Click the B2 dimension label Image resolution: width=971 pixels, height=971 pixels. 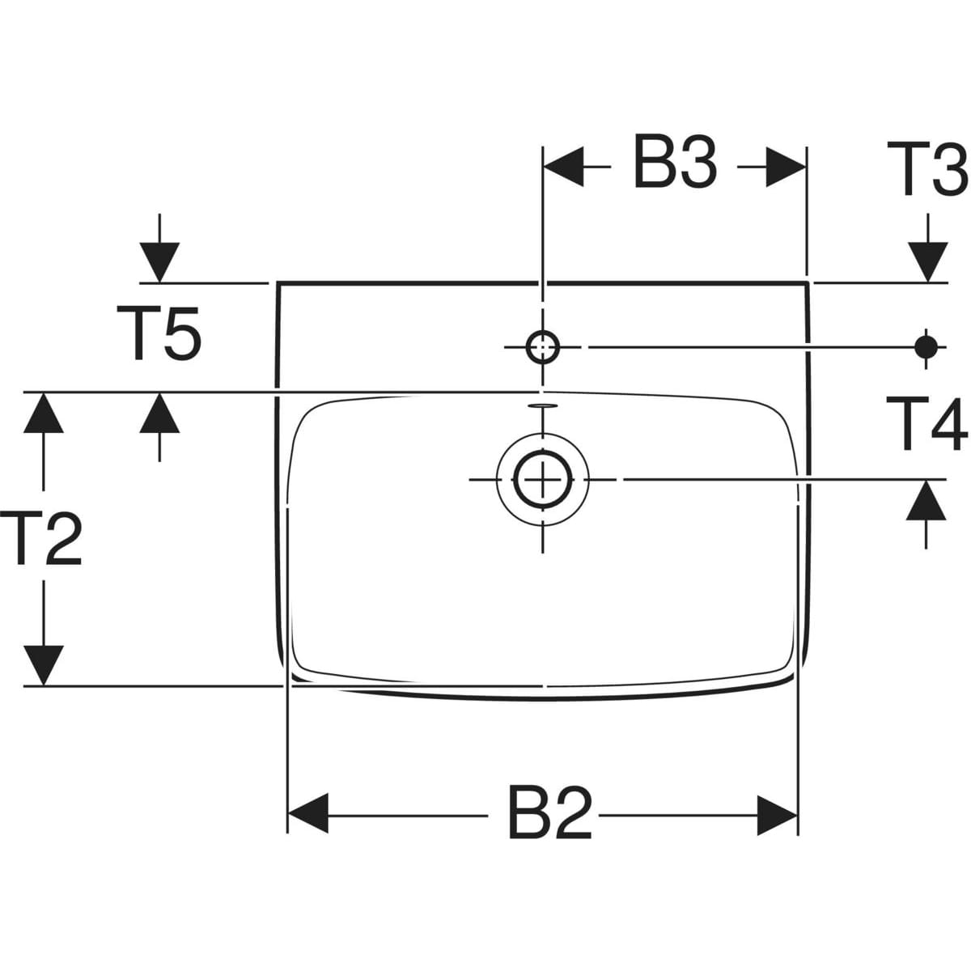click(x=550, y=814)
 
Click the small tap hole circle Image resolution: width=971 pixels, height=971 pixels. click(x=542, y=347)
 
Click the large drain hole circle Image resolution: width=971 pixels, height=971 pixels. click(x=542, y=479)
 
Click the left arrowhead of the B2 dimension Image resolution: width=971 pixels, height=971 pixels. click(x=308, y=814)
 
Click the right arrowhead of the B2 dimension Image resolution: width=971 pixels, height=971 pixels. click(x=777, y=814)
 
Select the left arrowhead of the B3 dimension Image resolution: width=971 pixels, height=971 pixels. click(x=563, y=167)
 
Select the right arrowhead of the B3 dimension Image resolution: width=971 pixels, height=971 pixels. click(x=785, y=167)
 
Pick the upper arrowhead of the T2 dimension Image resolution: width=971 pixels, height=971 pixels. click(x=44, y=413)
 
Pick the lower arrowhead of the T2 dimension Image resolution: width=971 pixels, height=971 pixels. click(x=44, y=665)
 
